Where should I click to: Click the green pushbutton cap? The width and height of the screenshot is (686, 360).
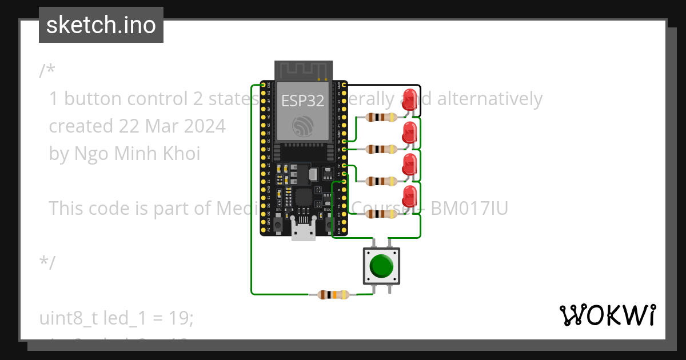pos(381,266)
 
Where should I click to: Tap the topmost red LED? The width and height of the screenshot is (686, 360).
pos(409,98)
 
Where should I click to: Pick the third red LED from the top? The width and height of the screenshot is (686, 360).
pos(409,165)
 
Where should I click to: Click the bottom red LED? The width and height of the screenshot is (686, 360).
pos(409,197)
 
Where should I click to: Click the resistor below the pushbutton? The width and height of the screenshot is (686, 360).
pos(329,295)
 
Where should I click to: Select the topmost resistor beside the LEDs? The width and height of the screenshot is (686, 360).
pos(381,118)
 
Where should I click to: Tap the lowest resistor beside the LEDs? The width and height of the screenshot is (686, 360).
pos(381,214)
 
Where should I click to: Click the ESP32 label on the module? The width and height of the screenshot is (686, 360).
pos(303,101)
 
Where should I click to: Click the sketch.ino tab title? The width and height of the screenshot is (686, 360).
pos(101,25)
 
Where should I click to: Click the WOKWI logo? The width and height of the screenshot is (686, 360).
pos(607,315)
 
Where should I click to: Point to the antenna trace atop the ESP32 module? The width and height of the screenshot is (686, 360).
pos(304,70)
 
